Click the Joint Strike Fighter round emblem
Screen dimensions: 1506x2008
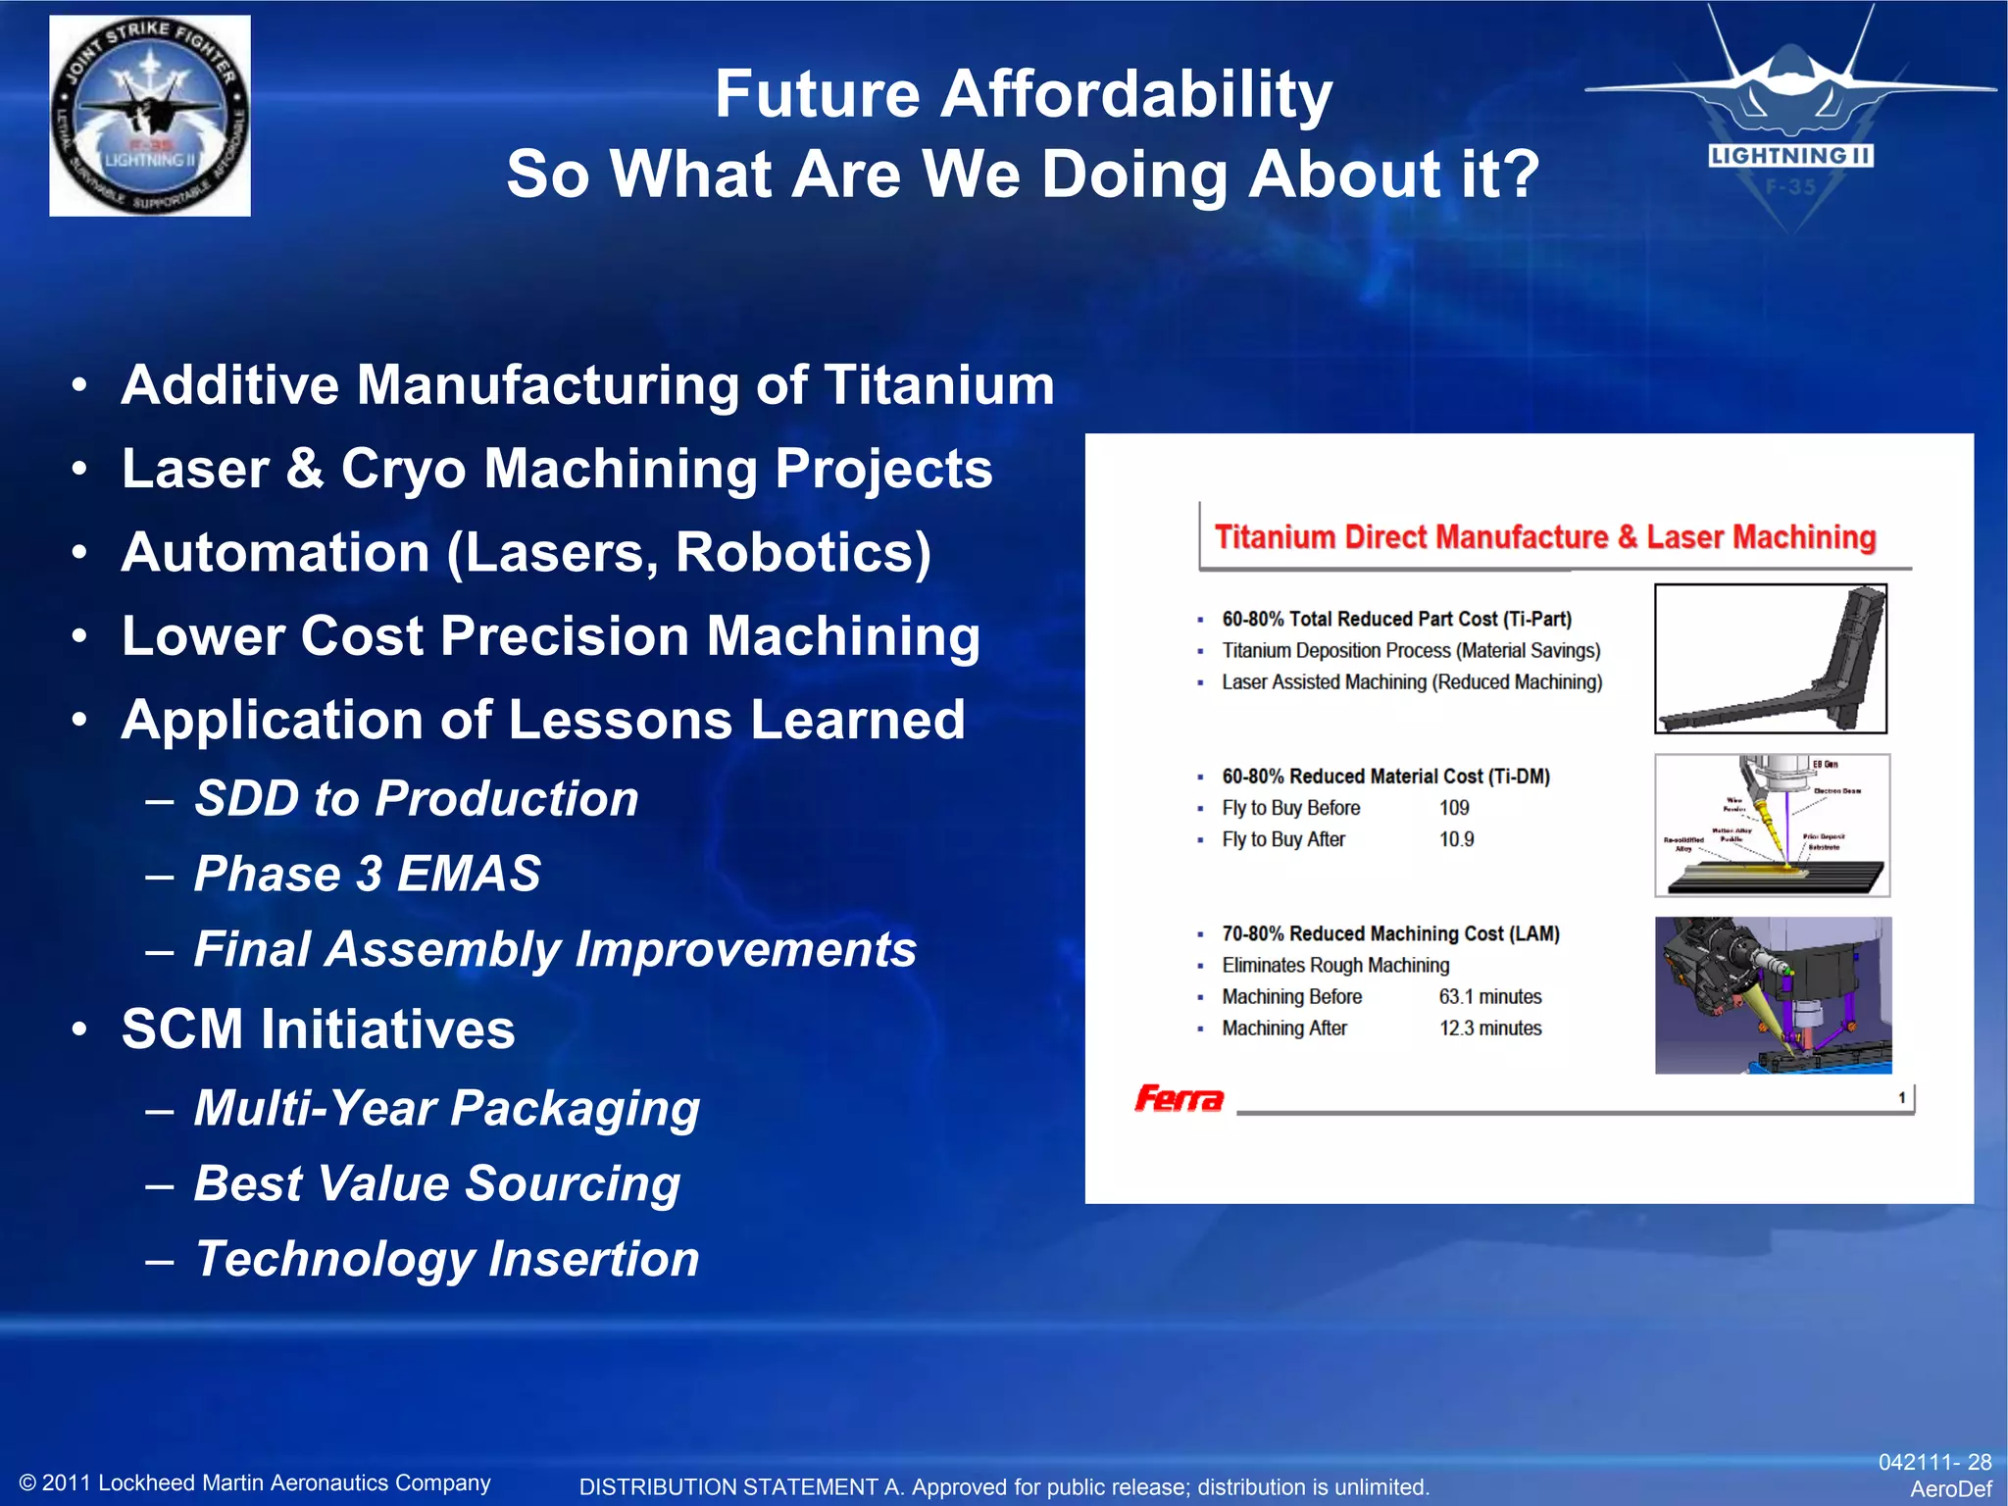point(150,116)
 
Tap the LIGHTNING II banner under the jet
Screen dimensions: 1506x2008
point(1790,156)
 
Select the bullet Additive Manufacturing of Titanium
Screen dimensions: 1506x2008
point(587,384)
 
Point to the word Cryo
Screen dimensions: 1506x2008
point(403,469)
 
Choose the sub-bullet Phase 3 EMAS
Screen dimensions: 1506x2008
point(367,874)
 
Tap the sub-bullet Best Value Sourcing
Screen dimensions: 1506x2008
point(436,1183)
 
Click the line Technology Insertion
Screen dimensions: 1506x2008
point(446,1259)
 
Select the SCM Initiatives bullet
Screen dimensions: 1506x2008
point(318,1029)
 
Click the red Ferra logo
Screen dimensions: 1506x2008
point(1179,1098)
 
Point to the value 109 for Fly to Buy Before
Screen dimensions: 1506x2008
point(1454,808)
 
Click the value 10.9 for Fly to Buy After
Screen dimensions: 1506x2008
point(1456,839)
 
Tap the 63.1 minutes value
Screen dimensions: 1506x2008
point(1489,997)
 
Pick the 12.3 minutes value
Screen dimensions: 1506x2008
point(1489,1029)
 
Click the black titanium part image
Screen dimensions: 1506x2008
point(1770,659)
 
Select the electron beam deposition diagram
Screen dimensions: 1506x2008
point(1771,825)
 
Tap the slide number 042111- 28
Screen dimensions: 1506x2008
point(1933,1462)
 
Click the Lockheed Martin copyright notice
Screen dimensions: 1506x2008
point(255,1482)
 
